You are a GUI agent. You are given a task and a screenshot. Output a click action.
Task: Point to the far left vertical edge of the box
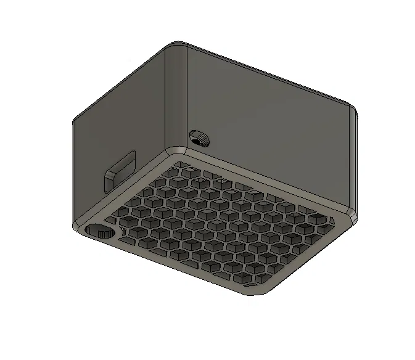pos(73,173)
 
